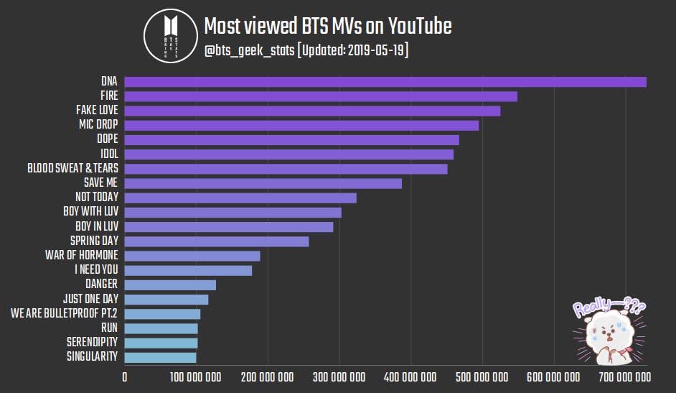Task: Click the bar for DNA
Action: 385,82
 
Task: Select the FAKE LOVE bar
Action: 313,111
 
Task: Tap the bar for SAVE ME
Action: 263,183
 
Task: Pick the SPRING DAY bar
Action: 217,241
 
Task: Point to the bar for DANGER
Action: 170,285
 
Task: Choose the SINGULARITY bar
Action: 160,357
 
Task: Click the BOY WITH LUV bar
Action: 233,212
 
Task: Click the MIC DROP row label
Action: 98,124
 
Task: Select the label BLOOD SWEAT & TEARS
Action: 73,168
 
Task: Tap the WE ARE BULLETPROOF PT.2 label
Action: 65,313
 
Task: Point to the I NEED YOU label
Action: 96,269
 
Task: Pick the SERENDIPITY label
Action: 93,342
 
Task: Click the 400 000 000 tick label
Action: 410,377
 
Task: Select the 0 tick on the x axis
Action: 125,377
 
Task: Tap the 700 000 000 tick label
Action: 625,377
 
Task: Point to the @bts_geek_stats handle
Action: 249,50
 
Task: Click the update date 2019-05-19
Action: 376,50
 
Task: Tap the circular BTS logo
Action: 170,36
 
